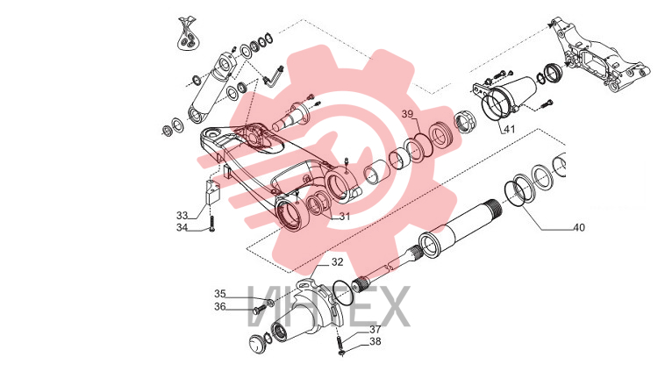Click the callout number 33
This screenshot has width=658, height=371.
[x=182, y=216]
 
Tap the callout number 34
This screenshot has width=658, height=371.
[x=182, y=228]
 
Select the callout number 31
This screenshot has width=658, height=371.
[x=345, y=217]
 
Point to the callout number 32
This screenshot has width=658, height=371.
[x=337, y=262]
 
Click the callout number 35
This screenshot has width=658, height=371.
[x=220, y=294]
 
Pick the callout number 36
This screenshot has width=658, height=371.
[x=220, y=307]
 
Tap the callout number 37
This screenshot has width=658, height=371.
[x=375, y=330]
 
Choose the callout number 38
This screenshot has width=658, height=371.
[x=375, y=342]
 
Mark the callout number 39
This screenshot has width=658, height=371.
[x=407, y=114]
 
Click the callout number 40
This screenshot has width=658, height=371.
[x=579, y=227]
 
